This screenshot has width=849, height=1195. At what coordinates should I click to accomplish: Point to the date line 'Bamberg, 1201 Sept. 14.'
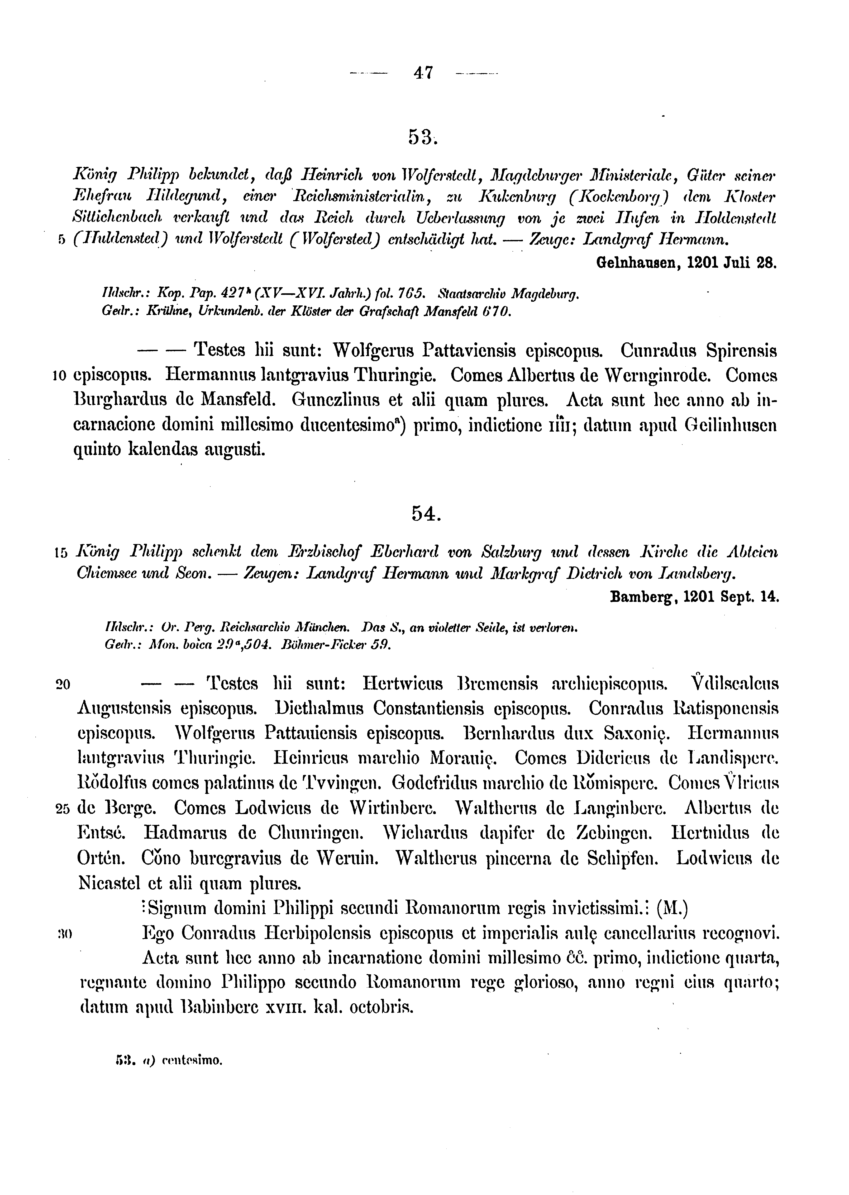point(694,597)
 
